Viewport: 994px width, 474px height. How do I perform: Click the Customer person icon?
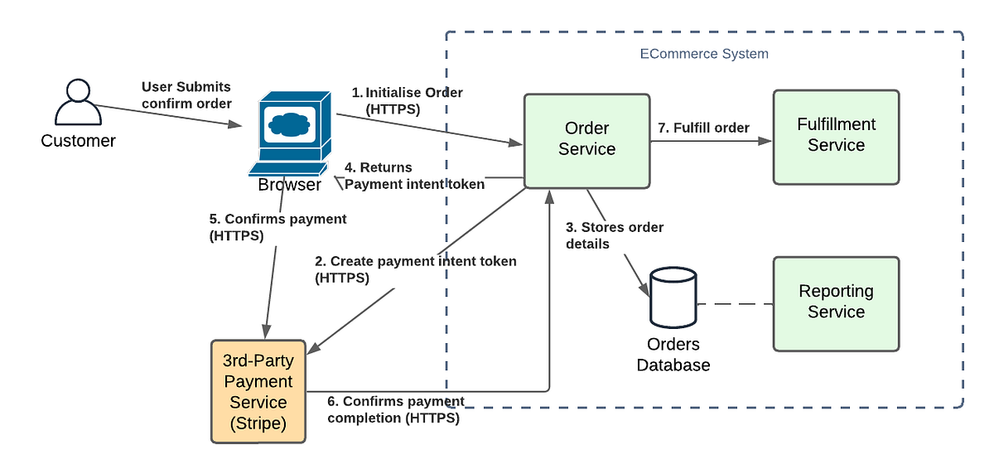(x=76, y=103)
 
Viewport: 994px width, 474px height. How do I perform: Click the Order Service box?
(x=586, y=139)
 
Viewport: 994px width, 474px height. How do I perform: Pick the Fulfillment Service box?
(x=836, y=136)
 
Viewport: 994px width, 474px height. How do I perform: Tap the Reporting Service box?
(x=836, y=302)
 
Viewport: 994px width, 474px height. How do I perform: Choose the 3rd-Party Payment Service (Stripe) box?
(x=258, y=392)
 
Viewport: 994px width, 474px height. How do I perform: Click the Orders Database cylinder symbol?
(x=673, y=297)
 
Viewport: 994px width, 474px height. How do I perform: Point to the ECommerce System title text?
(x=704, y=54)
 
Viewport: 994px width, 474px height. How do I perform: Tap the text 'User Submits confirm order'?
(x=186, y=94)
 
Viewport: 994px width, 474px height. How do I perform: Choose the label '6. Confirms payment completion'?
(x=396, y=410)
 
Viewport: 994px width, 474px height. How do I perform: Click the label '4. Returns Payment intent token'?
(x=414, y=176)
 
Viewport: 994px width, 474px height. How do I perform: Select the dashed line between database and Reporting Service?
(x=734, y=304)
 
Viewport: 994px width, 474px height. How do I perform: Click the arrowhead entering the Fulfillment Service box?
(x=765, y=142)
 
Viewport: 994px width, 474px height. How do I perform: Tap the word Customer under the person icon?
(x=78, y=141)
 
